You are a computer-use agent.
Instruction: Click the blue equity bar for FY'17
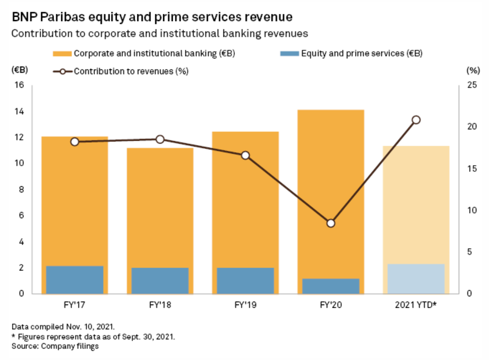(75, 280)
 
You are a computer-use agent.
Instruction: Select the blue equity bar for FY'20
(331, 286)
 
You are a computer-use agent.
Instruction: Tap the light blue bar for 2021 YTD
(416, 279)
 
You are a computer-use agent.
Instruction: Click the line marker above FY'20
(331, 223)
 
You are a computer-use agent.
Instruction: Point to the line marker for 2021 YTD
(416, 120)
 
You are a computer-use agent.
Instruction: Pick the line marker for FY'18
(160, 139)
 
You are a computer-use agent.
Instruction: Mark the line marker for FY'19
(245, 155)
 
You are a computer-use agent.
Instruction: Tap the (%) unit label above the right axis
(473, 70)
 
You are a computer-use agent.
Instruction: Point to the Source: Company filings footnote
(55, 346)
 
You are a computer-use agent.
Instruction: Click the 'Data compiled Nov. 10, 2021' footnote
(63, 327)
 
